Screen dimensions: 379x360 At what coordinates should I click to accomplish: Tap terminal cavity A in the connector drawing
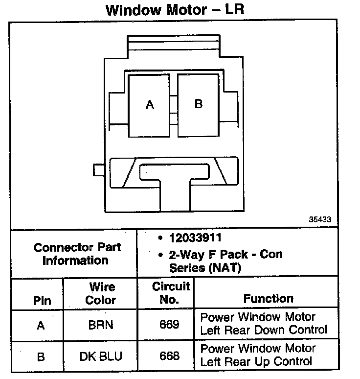coord(149,105)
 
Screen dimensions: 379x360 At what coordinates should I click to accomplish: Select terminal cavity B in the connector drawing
coord(198,104)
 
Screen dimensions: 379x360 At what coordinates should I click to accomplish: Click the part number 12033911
coord(195,238)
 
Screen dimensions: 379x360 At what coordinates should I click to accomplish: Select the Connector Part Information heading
coord(77,254)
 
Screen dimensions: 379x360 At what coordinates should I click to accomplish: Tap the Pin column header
coord(42,300)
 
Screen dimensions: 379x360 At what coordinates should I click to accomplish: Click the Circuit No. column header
coord(170,292)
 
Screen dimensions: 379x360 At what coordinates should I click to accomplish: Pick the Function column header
coord(268,298)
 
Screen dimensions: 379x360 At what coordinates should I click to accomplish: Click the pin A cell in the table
coord(41,325)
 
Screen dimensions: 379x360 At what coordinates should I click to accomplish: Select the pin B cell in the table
coord(41,357)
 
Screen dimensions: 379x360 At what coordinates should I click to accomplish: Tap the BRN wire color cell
coord(101,325)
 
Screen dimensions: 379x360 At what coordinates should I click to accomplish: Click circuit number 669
coord(170,325)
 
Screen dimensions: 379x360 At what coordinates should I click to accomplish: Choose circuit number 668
coord(170,356)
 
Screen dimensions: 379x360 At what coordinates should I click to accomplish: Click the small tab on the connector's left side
coord(98,170)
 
